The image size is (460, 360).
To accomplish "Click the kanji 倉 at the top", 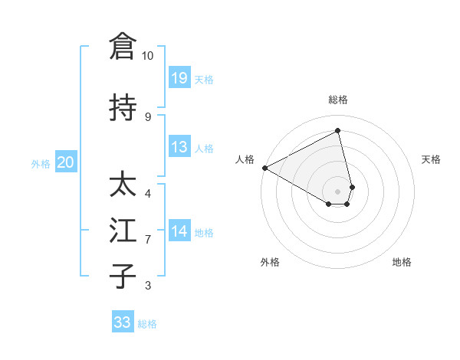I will point(123,46).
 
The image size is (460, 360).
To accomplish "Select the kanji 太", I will point(123,185).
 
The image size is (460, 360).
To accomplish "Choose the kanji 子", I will point(123,276).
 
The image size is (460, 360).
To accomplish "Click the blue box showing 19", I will point(179,78).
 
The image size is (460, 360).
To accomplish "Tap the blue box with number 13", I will point(179,147).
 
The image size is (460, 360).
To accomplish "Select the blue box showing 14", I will point(179,231).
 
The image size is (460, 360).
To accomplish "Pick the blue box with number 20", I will point(66,162).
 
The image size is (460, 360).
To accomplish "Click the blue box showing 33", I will point(123,322).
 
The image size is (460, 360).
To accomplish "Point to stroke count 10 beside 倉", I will point(148,56).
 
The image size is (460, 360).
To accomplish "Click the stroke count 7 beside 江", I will point(148,240).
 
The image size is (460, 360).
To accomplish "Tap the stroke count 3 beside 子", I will point(148,286).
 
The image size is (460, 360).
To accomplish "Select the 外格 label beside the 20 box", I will point(41,163).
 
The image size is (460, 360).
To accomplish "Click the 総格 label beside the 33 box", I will point(147,324).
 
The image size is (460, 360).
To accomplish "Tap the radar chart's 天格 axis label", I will point(431,159).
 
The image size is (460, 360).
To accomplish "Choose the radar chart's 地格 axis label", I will point(402,262).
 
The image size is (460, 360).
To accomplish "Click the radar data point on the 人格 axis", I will point(264,167).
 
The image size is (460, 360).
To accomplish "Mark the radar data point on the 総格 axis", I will point(338,131).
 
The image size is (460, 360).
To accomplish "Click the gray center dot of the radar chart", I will point(338,191).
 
